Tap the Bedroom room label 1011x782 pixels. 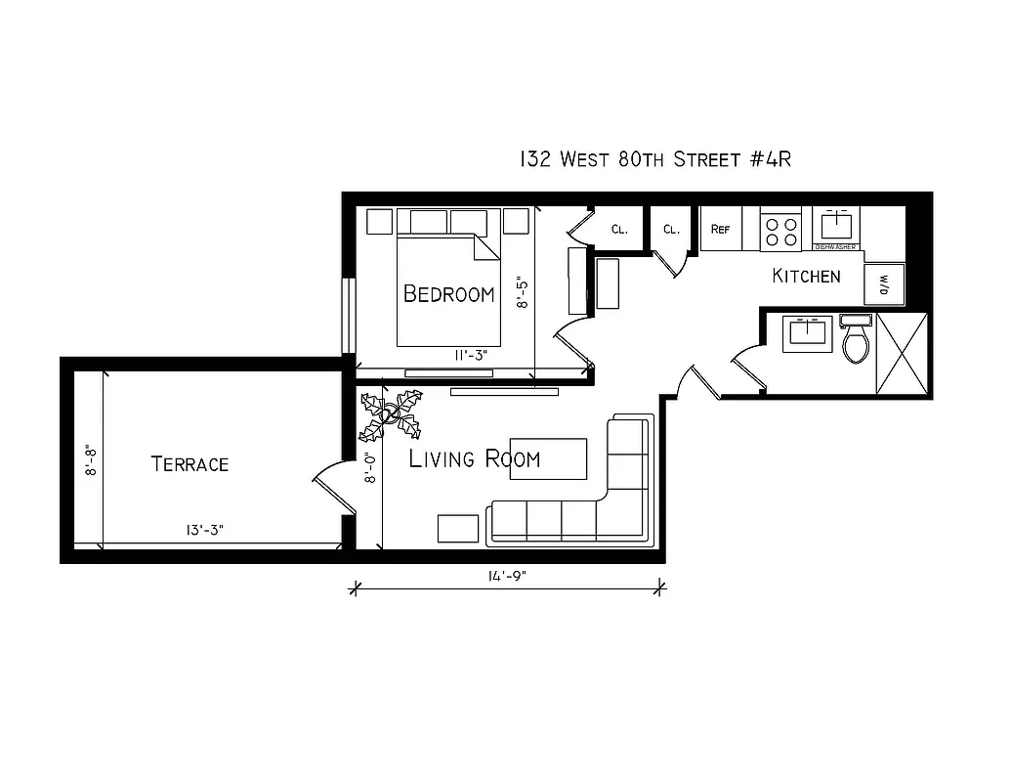448,294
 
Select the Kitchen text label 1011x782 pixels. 806,277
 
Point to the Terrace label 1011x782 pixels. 190,464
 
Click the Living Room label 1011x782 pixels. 474,458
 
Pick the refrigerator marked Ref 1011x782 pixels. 721,230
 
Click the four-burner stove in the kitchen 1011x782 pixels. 780,231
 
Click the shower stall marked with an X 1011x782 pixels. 900,353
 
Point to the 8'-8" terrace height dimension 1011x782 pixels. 91,459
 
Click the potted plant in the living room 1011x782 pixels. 391,415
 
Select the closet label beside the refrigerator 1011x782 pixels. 671,230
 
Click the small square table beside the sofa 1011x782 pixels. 457,528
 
